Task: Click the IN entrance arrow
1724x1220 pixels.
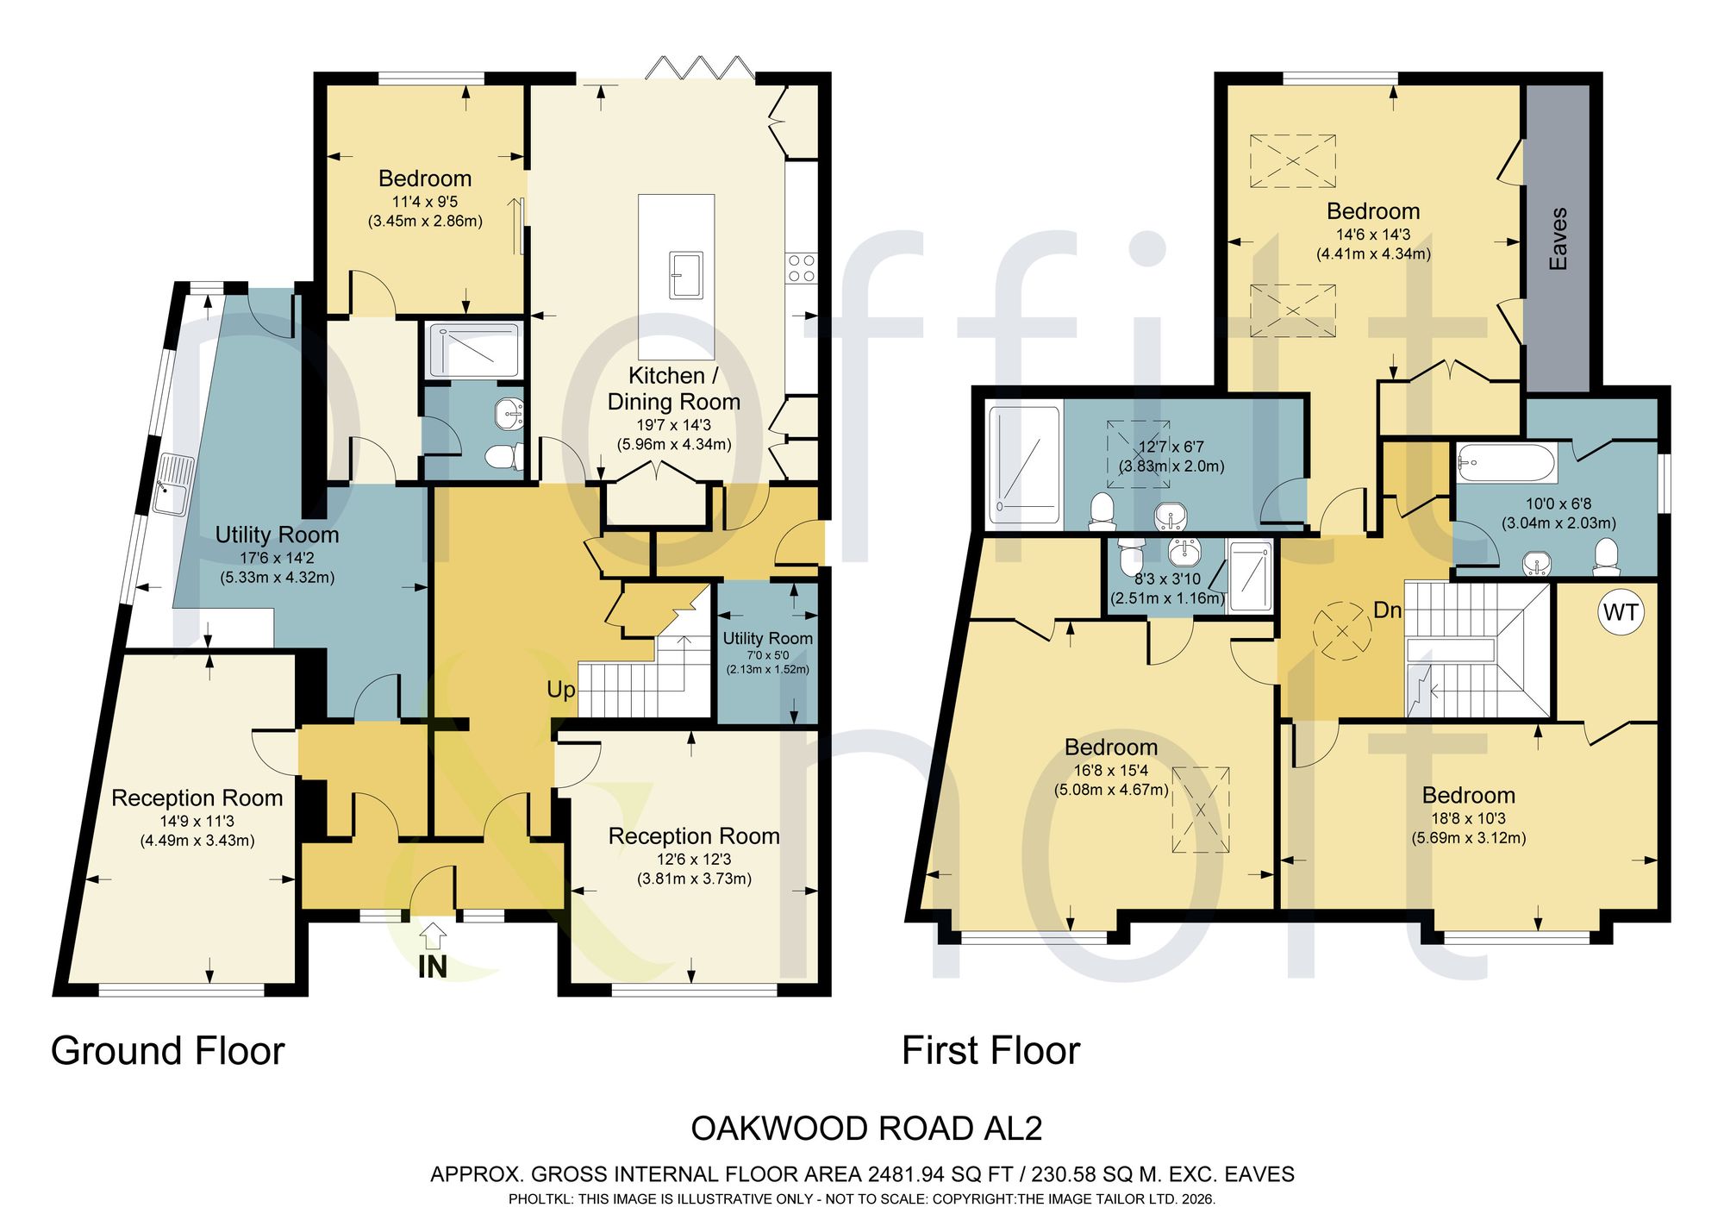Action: click(x=434, y=935)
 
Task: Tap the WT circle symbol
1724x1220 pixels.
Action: click(x=1621, y=613)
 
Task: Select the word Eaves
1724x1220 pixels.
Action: click(x=1558, y=239)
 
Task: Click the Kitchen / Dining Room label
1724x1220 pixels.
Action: click(x=673, y=389)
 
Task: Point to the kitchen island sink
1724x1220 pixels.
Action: click(x=686, y=274)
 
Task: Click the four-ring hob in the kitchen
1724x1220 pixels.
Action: click(x=800, y=268)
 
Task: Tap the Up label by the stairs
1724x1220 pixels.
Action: click(x=561, y=690)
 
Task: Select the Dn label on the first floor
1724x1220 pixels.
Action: click(x=1388, y=610)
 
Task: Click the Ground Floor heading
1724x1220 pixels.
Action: click(x=168, y=1051)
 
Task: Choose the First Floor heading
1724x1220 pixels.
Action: click(x=990, y=1051)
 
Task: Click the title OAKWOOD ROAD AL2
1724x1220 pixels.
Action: click(x=866, y=1129)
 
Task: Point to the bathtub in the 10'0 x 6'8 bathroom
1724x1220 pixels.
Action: click(x=1507, y=464)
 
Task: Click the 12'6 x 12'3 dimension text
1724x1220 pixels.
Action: click(x=694, y=860)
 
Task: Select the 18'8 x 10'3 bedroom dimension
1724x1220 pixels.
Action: click(x=1469, y=818)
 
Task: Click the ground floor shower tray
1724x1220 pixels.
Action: click(x=473, y=350)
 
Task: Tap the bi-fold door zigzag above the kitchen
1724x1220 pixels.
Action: click(x=700, y=67)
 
